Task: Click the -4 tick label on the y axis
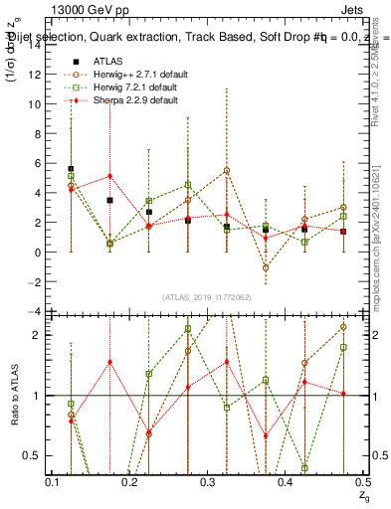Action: (x=36, y=311)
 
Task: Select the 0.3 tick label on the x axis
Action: (x=207, y=481)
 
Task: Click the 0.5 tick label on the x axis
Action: (x=361, y=481)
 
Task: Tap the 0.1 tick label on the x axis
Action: (x=53, y=481)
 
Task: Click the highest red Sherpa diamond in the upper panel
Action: (x=109, y=176)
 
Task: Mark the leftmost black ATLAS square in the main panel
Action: (x=71, y=169)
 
